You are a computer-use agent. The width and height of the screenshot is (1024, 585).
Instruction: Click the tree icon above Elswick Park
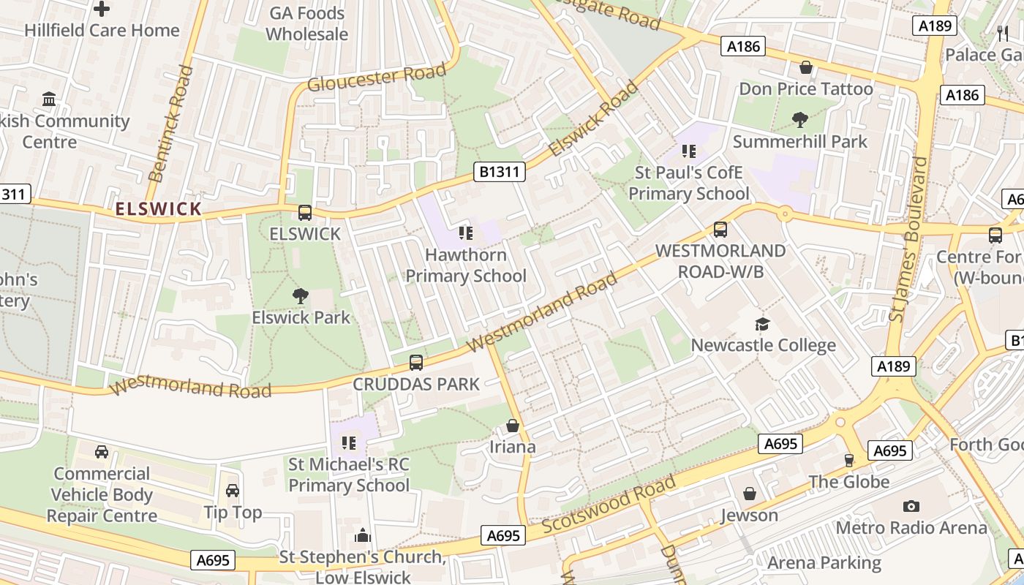[x=300, y=296]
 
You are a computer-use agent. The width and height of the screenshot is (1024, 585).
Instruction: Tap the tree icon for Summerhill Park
[x=799, y=120]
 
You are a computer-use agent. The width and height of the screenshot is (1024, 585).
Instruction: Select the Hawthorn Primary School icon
[x=466, y=233]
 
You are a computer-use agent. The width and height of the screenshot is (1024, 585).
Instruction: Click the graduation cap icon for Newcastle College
[x=763, y=324]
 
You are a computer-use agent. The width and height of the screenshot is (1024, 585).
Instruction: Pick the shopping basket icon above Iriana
[x=513, y=426]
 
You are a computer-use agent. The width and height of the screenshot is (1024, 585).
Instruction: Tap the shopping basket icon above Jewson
[x=749, y=494]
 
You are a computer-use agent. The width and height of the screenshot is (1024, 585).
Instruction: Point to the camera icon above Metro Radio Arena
[x=911, y=506]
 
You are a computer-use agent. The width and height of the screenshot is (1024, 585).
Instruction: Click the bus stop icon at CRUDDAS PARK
[x=415, y=363]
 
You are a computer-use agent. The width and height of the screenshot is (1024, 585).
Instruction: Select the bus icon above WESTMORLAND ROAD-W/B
[x=720, y=230]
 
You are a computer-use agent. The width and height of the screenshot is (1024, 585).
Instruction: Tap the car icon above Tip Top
[x=233, y=491]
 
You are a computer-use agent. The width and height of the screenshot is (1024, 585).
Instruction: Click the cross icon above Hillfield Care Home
[x=102, y=10]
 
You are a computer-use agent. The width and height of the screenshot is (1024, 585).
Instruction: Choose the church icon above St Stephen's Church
[x=363, y=536]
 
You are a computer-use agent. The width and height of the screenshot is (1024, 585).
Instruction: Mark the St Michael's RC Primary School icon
[x=349, y=442]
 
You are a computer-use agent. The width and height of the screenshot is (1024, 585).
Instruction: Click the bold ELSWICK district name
[x=158, y=209]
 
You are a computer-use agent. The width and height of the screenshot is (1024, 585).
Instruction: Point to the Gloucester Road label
[x=376, y=77]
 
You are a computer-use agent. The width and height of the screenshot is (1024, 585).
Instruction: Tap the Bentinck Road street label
[x=170, y=124]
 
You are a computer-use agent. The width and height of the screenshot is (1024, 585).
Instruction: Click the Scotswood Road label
[x=609, y=505]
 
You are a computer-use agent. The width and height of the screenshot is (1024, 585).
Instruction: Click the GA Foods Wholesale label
[x=306, y=23]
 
